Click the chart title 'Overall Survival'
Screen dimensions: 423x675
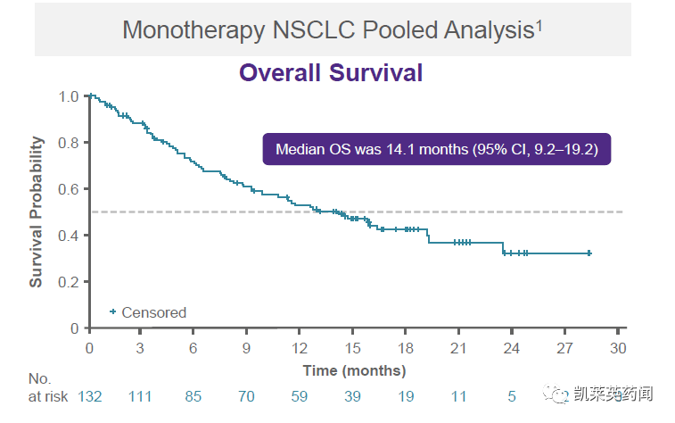[330, 73]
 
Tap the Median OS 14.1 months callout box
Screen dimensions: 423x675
[436, 149]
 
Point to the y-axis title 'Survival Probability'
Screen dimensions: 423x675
[37, 211]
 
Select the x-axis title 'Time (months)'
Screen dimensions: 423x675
[354, 370]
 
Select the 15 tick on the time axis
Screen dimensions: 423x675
[354, 347]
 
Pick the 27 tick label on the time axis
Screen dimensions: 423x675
[565, 347]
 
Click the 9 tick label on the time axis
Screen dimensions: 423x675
[248, 347]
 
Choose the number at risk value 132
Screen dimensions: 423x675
[90, 395]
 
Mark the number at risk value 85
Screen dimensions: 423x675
[194, 395]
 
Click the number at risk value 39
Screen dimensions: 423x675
[354, 395]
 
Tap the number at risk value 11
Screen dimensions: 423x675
[459, 395]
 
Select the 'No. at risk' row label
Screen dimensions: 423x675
[39, 387]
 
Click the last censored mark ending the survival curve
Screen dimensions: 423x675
[589, 253]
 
